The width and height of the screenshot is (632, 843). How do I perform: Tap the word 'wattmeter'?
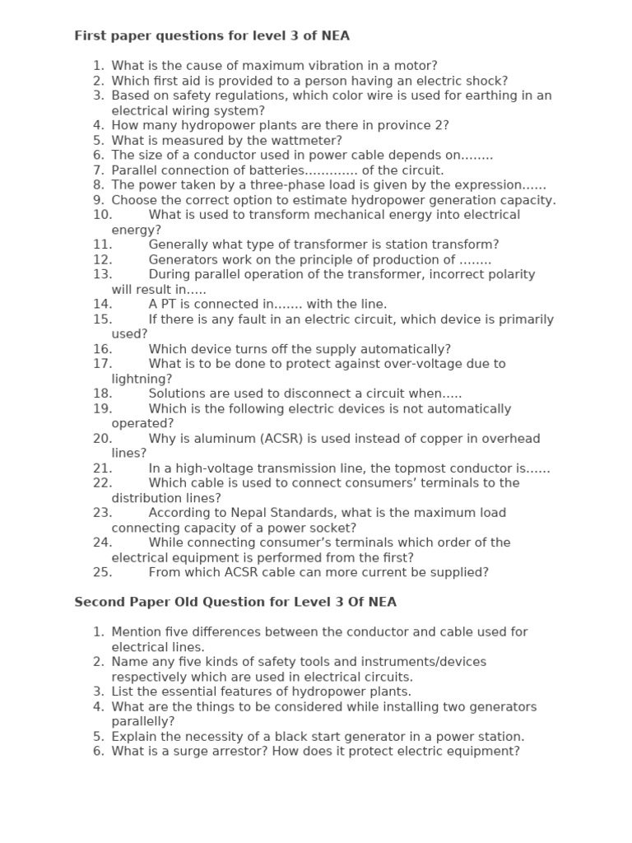tap(309, 141)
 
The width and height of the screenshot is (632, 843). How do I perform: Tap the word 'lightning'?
tap(142, 379)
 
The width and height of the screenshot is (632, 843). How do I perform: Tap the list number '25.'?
tap(102, 572)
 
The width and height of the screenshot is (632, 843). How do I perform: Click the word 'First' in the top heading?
tap(91, 35)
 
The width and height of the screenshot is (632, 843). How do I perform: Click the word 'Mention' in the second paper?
tap(137, 632)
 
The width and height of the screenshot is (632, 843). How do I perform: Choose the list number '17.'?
tap(102, 363)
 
